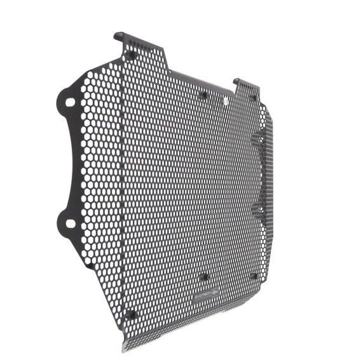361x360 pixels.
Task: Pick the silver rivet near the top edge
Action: (226, 102)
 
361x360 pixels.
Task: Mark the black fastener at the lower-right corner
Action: (254, 276)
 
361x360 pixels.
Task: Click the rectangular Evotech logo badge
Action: (205, 295)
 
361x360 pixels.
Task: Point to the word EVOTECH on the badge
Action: (201, 296)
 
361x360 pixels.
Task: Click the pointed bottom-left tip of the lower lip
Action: (123, 349)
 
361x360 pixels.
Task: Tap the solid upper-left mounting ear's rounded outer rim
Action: (58, 98)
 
